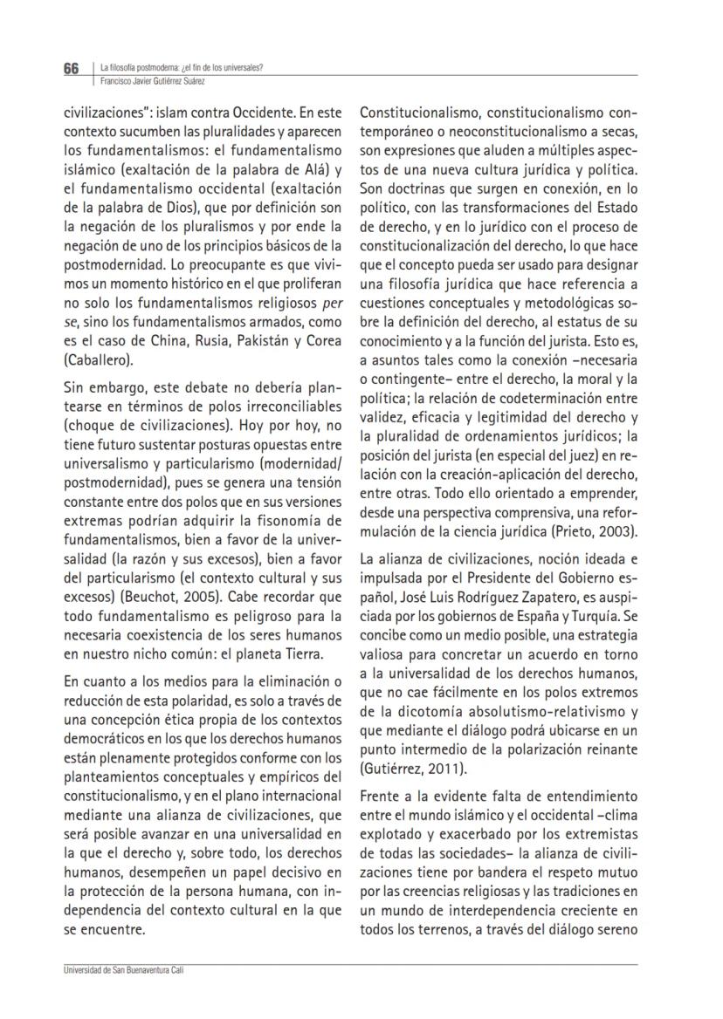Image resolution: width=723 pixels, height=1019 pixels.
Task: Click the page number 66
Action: [x=71, y=69]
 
